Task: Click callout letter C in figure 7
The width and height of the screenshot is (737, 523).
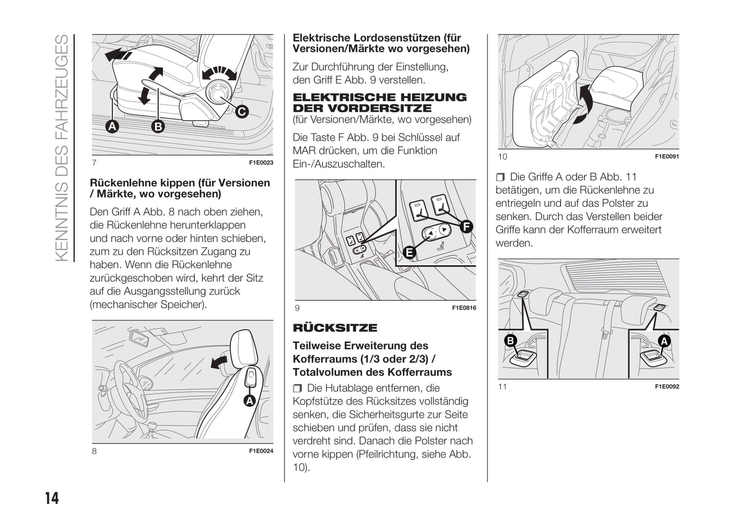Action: pos(241,111)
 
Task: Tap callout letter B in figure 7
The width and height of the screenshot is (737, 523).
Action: pos(158,126)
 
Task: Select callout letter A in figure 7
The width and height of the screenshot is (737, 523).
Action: pos(112,126)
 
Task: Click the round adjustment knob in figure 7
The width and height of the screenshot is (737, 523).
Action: pos(219,92)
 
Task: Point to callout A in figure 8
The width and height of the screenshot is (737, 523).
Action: pos(249,401)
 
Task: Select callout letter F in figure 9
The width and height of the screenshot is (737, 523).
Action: pos(466,227)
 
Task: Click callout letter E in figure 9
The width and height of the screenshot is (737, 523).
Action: pos(409,252)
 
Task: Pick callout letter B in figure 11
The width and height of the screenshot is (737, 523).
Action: pos(511,341)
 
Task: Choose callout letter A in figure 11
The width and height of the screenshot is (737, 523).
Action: pos(664,341)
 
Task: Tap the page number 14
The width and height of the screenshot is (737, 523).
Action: pos(52,498)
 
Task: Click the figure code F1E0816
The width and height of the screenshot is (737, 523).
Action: pos(464,308)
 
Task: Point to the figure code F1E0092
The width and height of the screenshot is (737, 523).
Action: pos(667,387)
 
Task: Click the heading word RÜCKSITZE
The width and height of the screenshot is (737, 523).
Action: pos(335,328)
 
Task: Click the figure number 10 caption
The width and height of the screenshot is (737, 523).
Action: pos(502,156)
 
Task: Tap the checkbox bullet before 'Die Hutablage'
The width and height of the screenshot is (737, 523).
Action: pos(297,389)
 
